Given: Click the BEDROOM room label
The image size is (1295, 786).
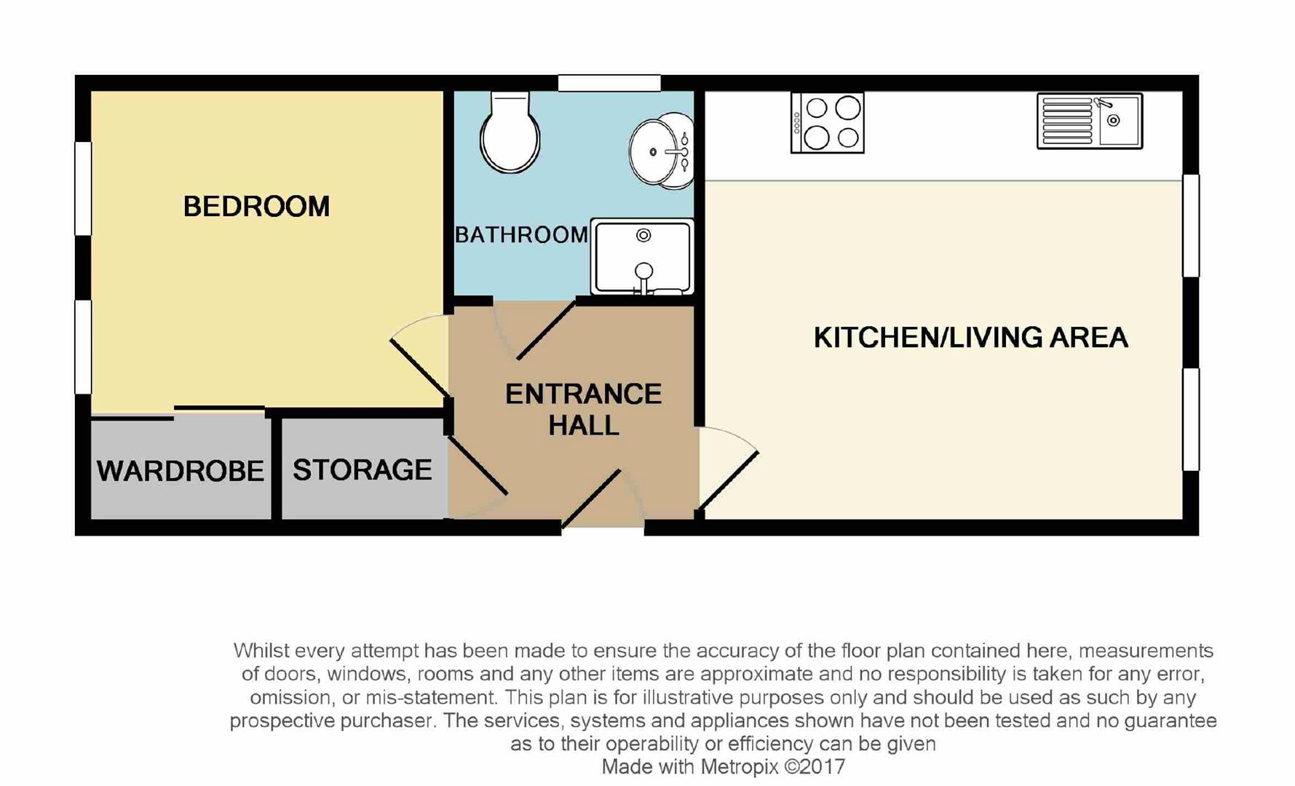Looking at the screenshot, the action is click(256, 207).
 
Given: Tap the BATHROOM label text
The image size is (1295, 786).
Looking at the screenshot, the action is click(521, 234).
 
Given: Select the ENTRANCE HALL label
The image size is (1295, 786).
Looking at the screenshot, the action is click(584, 410).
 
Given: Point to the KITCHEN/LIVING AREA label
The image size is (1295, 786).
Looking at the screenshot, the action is click(970, 338).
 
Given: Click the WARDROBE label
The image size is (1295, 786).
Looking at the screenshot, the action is click(181, 471).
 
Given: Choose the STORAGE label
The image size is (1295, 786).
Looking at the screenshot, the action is click(363, 470).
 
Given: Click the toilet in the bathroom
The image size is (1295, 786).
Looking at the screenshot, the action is click(510, 132).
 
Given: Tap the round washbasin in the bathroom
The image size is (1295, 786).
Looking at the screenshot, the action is click(661, 151).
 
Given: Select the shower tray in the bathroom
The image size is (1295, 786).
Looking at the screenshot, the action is click(642, 257).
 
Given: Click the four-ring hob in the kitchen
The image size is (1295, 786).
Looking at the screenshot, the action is click(828, 122).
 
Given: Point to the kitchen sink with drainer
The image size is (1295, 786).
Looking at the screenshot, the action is click(1090, 122).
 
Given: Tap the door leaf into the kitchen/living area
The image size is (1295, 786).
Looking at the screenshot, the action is click(729, 480).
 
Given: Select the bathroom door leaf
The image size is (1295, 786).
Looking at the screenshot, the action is click(546, 330).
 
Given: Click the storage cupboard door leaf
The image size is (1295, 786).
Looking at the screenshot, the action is click(478, 466).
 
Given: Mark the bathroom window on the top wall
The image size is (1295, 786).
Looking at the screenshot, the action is click(609, 83).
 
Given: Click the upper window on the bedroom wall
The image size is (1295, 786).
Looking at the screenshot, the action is click(84, 188).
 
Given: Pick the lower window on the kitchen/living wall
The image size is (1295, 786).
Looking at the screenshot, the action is click(1190, 419).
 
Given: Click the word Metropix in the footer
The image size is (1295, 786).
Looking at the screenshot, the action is click(740, 766).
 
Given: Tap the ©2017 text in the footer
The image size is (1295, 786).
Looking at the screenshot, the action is click(815, 766).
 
